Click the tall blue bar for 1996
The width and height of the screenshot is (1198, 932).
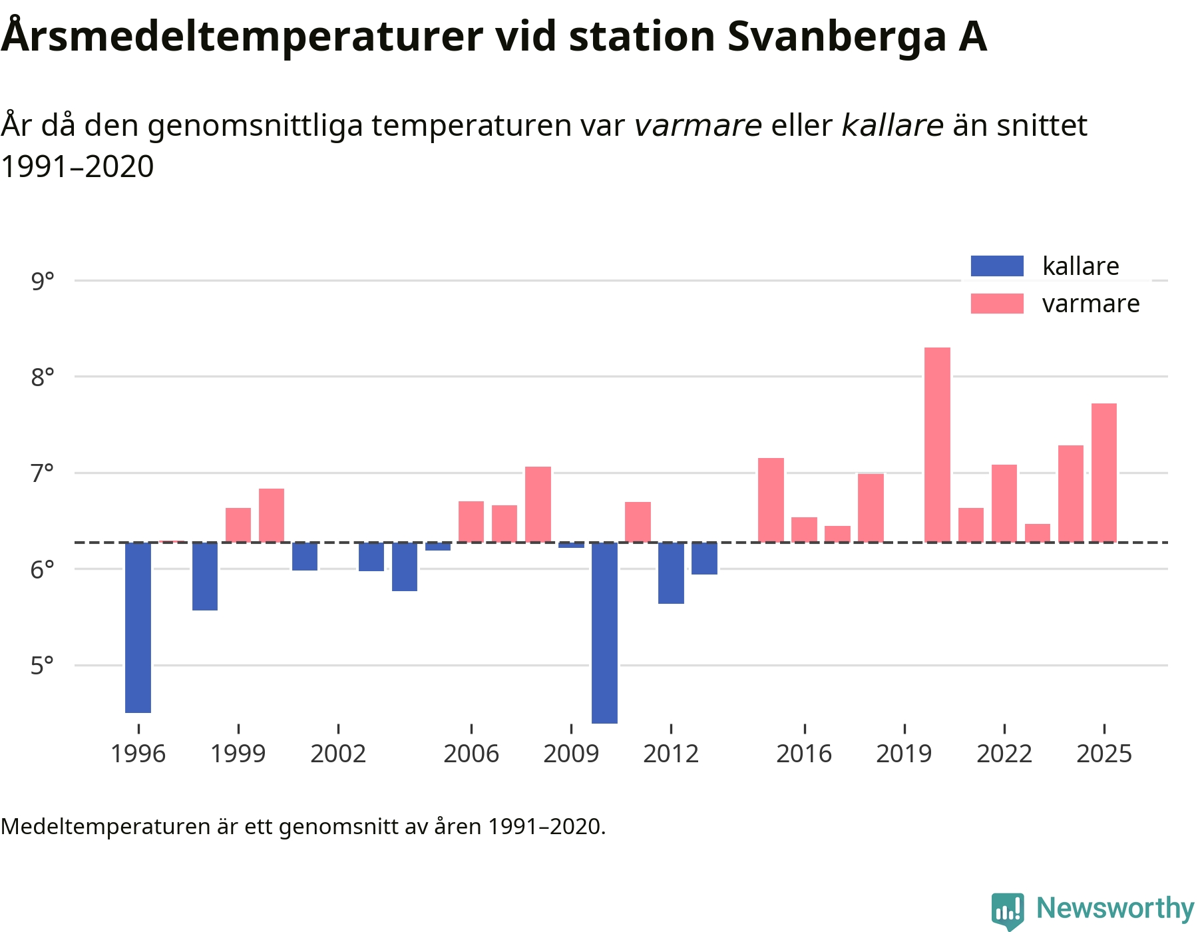click(x=138, y=627)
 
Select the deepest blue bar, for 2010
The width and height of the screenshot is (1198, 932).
click(x=604, y=632)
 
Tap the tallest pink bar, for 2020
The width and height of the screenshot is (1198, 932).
click(x=937, y=445)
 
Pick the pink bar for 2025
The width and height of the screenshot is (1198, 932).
click(x=1103, y=473)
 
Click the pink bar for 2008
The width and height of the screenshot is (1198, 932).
click(x=538, y=505)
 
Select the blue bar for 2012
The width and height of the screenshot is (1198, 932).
click(x=671, y=573)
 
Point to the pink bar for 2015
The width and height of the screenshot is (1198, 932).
click(x=771, y=500)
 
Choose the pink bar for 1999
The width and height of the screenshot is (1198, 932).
click(x=238, y=525)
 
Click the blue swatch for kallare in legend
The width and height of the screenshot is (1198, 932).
click(x=996, y=266)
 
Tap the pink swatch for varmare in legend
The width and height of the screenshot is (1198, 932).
click(x=996, y=304)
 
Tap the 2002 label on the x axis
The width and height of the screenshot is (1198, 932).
click(x=338, y=754)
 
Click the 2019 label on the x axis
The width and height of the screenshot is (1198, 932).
click(x=904, y=754)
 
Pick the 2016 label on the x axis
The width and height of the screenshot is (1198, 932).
click(x=804, y=754)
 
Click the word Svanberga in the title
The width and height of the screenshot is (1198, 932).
click(x=837, y=37)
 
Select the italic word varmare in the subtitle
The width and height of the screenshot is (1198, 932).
click(x=698, y=125)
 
